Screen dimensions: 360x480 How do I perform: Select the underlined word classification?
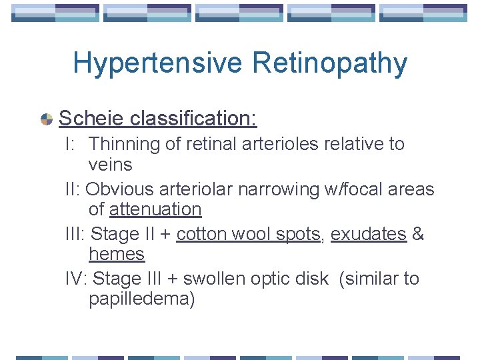point(193,119)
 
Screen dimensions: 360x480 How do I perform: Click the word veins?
point(110,165)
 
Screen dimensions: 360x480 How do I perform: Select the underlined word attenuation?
point(155,209)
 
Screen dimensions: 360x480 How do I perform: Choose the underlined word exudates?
point(368,234)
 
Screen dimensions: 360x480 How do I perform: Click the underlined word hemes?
point(116,254)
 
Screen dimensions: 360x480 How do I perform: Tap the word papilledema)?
point(141,299)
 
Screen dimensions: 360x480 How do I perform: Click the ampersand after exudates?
point(419,234)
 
